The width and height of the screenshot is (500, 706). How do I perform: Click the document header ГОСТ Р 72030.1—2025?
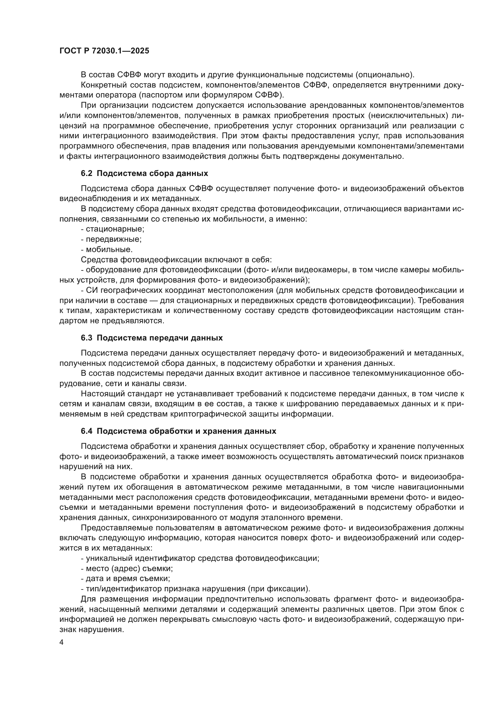pyautogui.click(x=104, y=51)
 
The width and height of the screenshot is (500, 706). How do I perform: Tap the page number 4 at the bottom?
pyautogui.click(x=61, y=643)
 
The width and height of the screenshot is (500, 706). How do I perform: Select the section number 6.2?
pyautogui.click(x=86, y=174)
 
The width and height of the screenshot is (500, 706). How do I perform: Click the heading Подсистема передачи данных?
pyautogui.click(x=160, y=338)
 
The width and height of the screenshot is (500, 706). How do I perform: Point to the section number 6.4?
pyautogui.click(x=86, y=431)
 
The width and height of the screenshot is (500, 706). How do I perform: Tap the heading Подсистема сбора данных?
pyautogui.click(x=152, y=174)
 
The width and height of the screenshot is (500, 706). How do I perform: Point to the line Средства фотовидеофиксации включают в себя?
pyautogui.click(x=176, y=260)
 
